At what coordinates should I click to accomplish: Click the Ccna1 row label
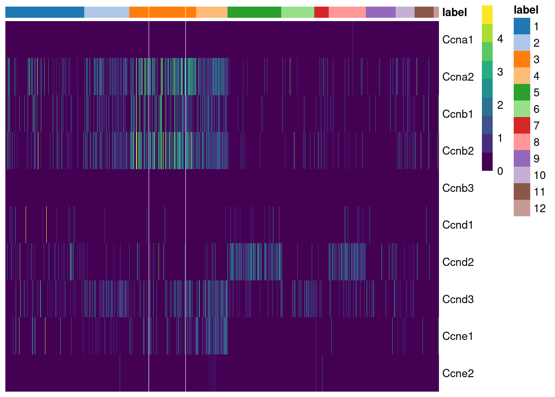[x=457, y=40]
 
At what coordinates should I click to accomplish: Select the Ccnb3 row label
[x=458, y=188]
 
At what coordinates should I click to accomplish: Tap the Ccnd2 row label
[x=458, y=262]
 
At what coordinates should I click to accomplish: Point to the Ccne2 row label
[x=458, y=373]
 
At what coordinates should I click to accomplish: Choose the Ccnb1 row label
[x=458, y=114]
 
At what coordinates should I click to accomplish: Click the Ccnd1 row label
[x=458, y=225]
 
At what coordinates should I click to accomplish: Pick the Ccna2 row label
[x=458, y=77]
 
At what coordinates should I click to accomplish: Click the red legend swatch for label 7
[x=522, y=125]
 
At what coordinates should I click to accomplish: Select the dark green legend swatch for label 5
[x=522, y=92]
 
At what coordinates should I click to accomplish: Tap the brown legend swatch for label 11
[x=522, y=191]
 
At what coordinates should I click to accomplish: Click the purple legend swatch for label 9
[x=522, y=158]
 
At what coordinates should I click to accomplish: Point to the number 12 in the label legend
[x=539, y=208]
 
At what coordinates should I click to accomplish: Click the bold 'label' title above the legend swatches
[x=526, y=10]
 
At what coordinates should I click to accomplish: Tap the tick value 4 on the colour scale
[x=500, y=39]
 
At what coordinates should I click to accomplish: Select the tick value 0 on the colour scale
[x=500, y=171]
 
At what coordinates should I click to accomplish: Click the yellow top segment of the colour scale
[x=487, y=14]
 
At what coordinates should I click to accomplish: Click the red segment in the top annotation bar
[x=321, y=12]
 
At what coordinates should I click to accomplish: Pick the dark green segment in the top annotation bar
[x=254, y=12]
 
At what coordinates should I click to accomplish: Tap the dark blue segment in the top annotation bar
[x=45, y=12]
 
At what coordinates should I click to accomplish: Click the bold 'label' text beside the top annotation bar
[x=454, y=13]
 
